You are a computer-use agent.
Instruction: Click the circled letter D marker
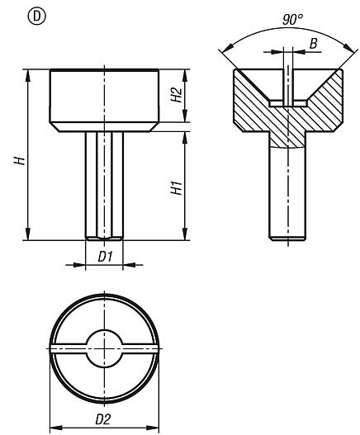12,13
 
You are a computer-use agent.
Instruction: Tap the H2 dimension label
175,96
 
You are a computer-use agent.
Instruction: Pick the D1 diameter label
104,257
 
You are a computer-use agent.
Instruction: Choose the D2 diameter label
104,419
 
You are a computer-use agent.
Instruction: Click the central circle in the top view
104,351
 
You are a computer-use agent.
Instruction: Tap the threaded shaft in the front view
104,186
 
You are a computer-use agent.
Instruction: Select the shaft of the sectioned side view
286,194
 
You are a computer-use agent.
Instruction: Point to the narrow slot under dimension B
286,87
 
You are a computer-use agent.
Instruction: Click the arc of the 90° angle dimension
248,31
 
